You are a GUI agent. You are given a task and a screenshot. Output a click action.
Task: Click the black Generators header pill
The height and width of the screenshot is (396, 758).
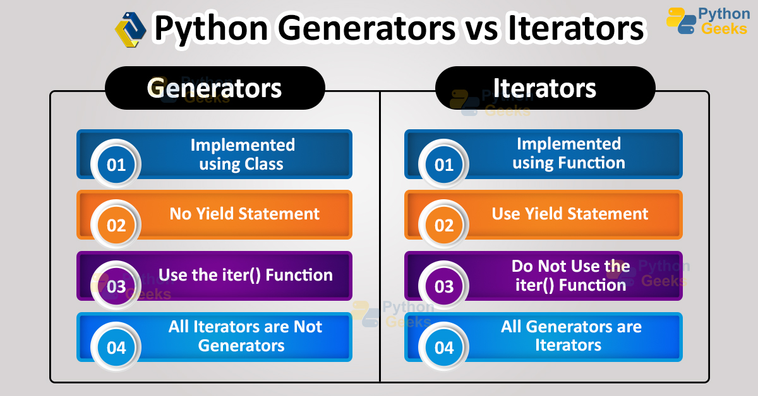point(215,88)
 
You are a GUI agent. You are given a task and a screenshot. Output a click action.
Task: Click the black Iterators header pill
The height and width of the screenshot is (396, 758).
point(544,88)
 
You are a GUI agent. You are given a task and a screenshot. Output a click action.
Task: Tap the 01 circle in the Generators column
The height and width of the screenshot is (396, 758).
point(116,165)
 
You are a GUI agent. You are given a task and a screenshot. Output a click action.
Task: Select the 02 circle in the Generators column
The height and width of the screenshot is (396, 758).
point(116,225)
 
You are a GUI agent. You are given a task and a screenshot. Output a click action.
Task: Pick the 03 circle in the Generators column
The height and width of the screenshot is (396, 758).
point(116,286)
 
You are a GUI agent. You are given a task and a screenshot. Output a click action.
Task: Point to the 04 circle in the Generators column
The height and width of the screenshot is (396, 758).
point(116,347)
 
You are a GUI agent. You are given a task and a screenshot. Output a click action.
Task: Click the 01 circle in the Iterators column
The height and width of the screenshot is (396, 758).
point(444,165)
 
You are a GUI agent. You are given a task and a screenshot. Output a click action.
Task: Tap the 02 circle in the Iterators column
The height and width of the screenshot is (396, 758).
point(444,225)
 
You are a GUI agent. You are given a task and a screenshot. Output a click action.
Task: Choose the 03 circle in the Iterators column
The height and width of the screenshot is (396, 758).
point(444,286)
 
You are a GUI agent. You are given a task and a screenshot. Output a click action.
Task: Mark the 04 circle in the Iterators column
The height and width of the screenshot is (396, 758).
point(444,347)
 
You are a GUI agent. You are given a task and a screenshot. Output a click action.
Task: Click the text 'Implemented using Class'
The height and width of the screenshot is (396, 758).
point(243,154)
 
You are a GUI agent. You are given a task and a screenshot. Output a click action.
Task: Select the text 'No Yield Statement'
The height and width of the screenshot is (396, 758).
point(244,214)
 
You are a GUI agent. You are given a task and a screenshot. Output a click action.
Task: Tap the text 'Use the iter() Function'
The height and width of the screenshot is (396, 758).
point(245,275)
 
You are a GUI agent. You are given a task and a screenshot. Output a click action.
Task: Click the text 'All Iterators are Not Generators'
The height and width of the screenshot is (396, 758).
point(244,336)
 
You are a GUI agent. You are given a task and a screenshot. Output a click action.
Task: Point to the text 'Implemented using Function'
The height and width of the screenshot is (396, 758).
point(568,153)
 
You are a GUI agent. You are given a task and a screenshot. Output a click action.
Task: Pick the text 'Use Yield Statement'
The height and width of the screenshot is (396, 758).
point(570,214)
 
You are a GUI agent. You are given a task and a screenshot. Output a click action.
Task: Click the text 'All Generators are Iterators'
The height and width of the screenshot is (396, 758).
point(570,336)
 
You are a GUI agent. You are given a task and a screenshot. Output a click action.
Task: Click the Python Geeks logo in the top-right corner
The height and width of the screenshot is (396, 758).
point(707,21)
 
